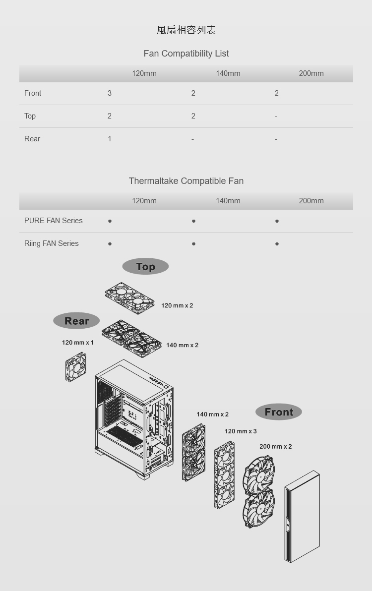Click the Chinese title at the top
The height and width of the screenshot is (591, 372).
[186, 30]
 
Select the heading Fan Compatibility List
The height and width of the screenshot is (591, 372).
[186, 54]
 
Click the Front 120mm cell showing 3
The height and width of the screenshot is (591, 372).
[109, 93]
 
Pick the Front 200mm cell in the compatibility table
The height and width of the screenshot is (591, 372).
[277, 93]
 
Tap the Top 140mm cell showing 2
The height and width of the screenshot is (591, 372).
[193, 116]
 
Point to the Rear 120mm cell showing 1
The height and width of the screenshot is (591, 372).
[109, 139]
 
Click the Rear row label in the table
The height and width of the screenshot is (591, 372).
[32, 139]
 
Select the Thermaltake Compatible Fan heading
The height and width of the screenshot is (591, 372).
[186, 181]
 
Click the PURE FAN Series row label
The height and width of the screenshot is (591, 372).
[53, 221]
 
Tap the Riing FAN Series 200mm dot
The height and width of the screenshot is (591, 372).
[277, 244]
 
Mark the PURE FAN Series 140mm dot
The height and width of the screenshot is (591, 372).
[193, 221]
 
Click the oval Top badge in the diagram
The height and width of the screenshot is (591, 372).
[145, 266]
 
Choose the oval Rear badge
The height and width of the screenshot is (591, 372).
[76, 321]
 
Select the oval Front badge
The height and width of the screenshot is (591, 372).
[279, 412]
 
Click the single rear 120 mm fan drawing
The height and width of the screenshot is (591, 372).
[76, 367]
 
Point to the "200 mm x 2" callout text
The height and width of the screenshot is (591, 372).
[275, 447]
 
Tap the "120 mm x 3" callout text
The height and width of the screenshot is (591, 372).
[241, 431]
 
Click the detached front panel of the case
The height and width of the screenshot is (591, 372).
[302, 516]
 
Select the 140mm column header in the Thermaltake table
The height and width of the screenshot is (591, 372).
[228, 201]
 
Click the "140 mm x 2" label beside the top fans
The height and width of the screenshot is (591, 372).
[182, 345]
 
